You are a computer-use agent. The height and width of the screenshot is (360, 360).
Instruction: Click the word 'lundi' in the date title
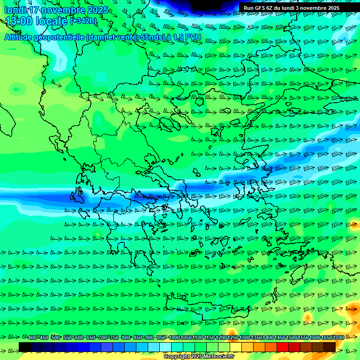tap(15, 10)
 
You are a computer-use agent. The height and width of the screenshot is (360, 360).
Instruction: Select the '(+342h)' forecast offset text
tap(83, 21)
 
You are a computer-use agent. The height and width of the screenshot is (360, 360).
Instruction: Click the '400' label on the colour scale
tap(32, 338)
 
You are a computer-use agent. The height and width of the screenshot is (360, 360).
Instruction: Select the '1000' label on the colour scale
tap(174, 338)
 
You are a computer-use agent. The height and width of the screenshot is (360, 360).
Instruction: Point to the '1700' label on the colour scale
tap(338, 338)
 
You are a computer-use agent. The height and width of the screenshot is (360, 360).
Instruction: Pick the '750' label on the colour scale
tap(114, 338)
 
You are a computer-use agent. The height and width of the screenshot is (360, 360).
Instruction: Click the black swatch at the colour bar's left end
tap(25, 347)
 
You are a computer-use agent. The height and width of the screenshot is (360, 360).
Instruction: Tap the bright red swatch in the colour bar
tap(283, 347)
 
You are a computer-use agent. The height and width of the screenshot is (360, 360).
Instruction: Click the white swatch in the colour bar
tap(165, 347)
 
